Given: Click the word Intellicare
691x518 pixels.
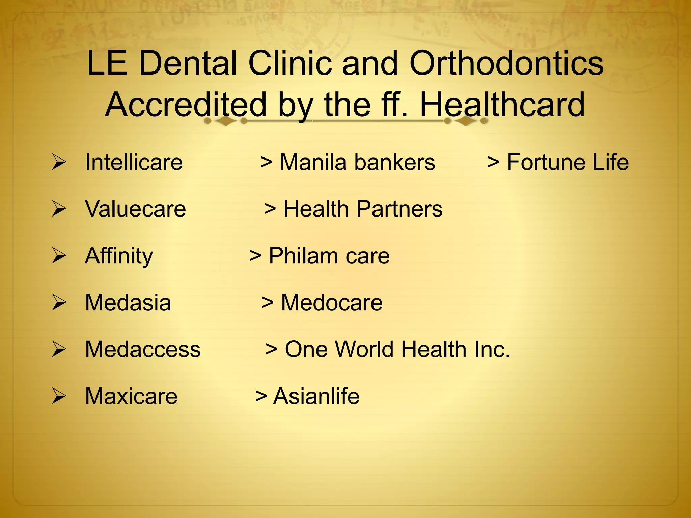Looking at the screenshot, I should coord(134,162).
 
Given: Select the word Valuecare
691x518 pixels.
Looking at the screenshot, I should coord(135,209).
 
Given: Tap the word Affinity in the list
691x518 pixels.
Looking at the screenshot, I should coord(119,256).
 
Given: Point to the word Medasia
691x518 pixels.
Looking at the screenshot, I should coord(128,303).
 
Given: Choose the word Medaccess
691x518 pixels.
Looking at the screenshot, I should coord(143,349).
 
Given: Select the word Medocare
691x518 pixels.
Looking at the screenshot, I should coord(332,303).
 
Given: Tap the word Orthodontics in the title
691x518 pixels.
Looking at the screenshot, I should coord(506,63).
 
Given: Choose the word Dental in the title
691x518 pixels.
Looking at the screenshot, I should coord(188,63).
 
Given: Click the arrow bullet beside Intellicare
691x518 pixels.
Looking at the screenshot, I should coord(59,162).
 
